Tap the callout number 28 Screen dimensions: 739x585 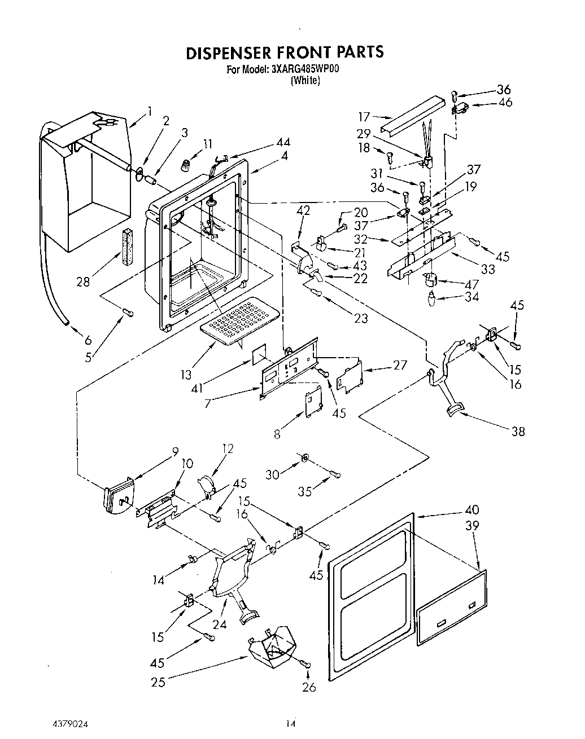coord(83,281)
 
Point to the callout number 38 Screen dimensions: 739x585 coord(517,431)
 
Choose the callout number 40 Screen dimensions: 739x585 coord(472,510)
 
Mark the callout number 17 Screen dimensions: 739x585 coord(364,117)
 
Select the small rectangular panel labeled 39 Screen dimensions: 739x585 coord(451,607)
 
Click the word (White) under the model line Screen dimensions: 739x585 coord(305,81)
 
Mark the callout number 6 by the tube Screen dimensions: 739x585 coord(88,340)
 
